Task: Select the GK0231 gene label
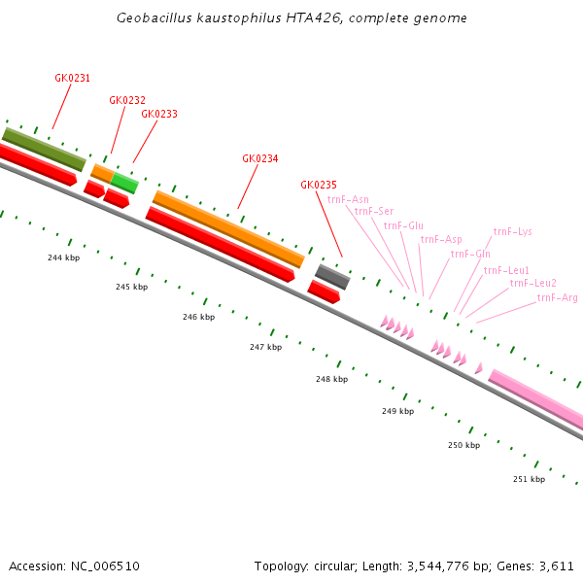72,78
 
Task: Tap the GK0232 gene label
127,100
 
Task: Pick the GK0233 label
159,114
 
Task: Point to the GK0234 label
259,158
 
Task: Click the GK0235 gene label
319,185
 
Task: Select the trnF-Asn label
348,199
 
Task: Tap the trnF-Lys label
512,231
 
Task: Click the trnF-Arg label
557,297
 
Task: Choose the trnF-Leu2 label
532,283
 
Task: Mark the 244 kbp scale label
63,257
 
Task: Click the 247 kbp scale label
265,347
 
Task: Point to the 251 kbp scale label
529,479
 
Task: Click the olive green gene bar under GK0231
44,149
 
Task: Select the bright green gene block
124,182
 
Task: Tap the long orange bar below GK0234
228,228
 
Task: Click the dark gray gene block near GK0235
332,277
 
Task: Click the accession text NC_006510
74,566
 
